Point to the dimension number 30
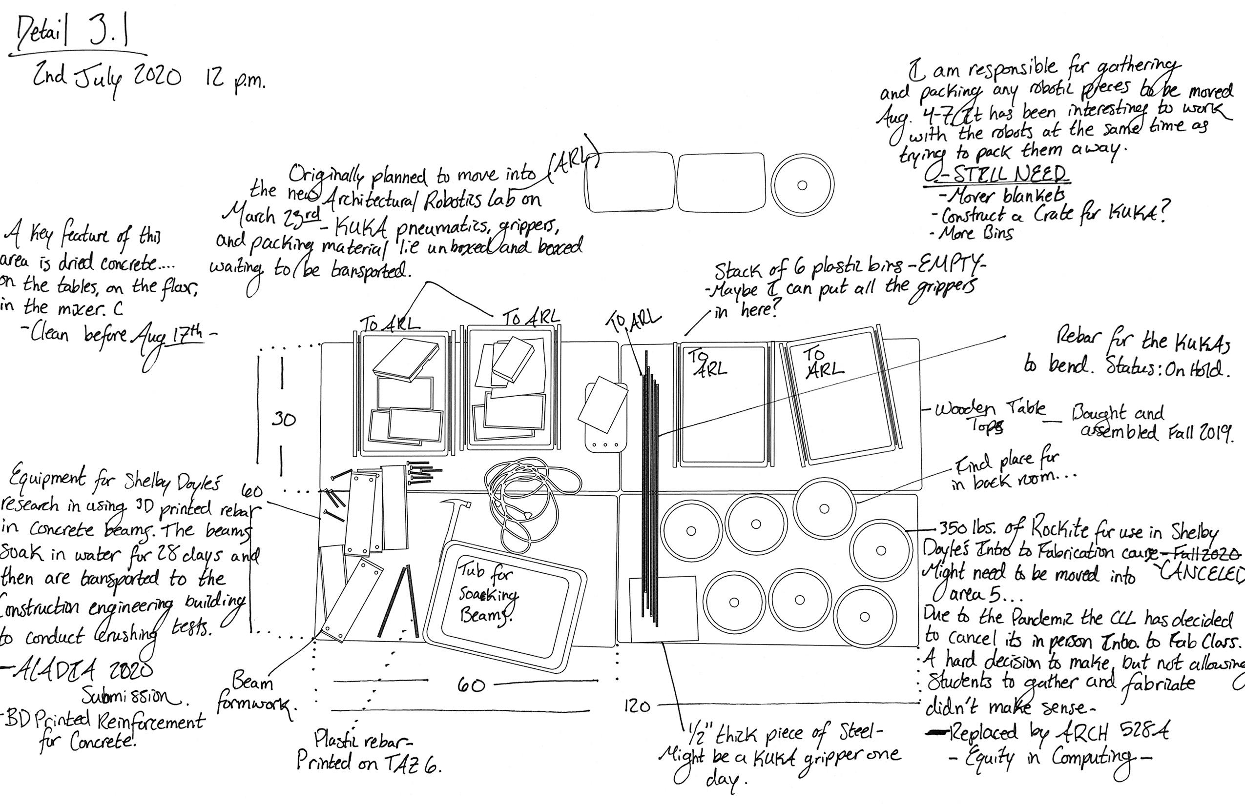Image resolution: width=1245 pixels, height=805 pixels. click(284, 420)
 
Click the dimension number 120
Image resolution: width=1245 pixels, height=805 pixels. click(637, 706)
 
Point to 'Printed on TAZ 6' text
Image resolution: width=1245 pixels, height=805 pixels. click(369, 764)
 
